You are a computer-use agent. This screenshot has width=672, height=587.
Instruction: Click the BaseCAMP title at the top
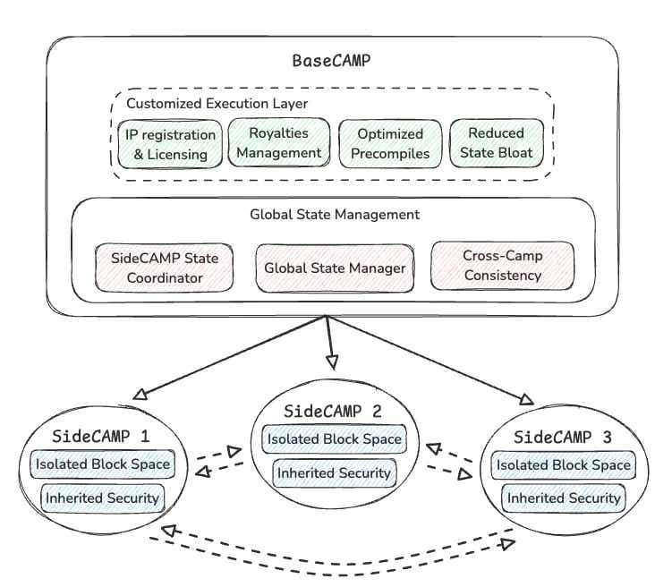[332, 62]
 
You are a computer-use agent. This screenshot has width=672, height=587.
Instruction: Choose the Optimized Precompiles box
[390, 143]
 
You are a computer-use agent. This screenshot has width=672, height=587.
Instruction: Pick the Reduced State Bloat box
[496, 143]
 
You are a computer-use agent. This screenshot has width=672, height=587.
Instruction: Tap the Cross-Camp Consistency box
[502, 266]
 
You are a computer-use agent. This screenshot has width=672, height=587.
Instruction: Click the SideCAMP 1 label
[101, 437]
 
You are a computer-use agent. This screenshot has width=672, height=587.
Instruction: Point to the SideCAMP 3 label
[563, 438]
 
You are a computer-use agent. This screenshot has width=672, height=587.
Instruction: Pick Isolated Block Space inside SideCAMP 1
[100, 464]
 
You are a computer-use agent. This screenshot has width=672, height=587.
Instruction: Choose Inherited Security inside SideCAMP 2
[334, 472]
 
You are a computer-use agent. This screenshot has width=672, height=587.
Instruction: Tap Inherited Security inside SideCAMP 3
[564, 498]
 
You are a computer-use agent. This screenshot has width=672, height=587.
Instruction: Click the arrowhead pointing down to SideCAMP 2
[333, 362]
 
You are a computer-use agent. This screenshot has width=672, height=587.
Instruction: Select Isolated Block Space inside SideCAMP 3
[564, 465]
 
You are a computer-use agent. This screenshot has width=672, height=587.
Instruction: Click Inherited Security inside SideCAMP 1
[100, 498]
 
